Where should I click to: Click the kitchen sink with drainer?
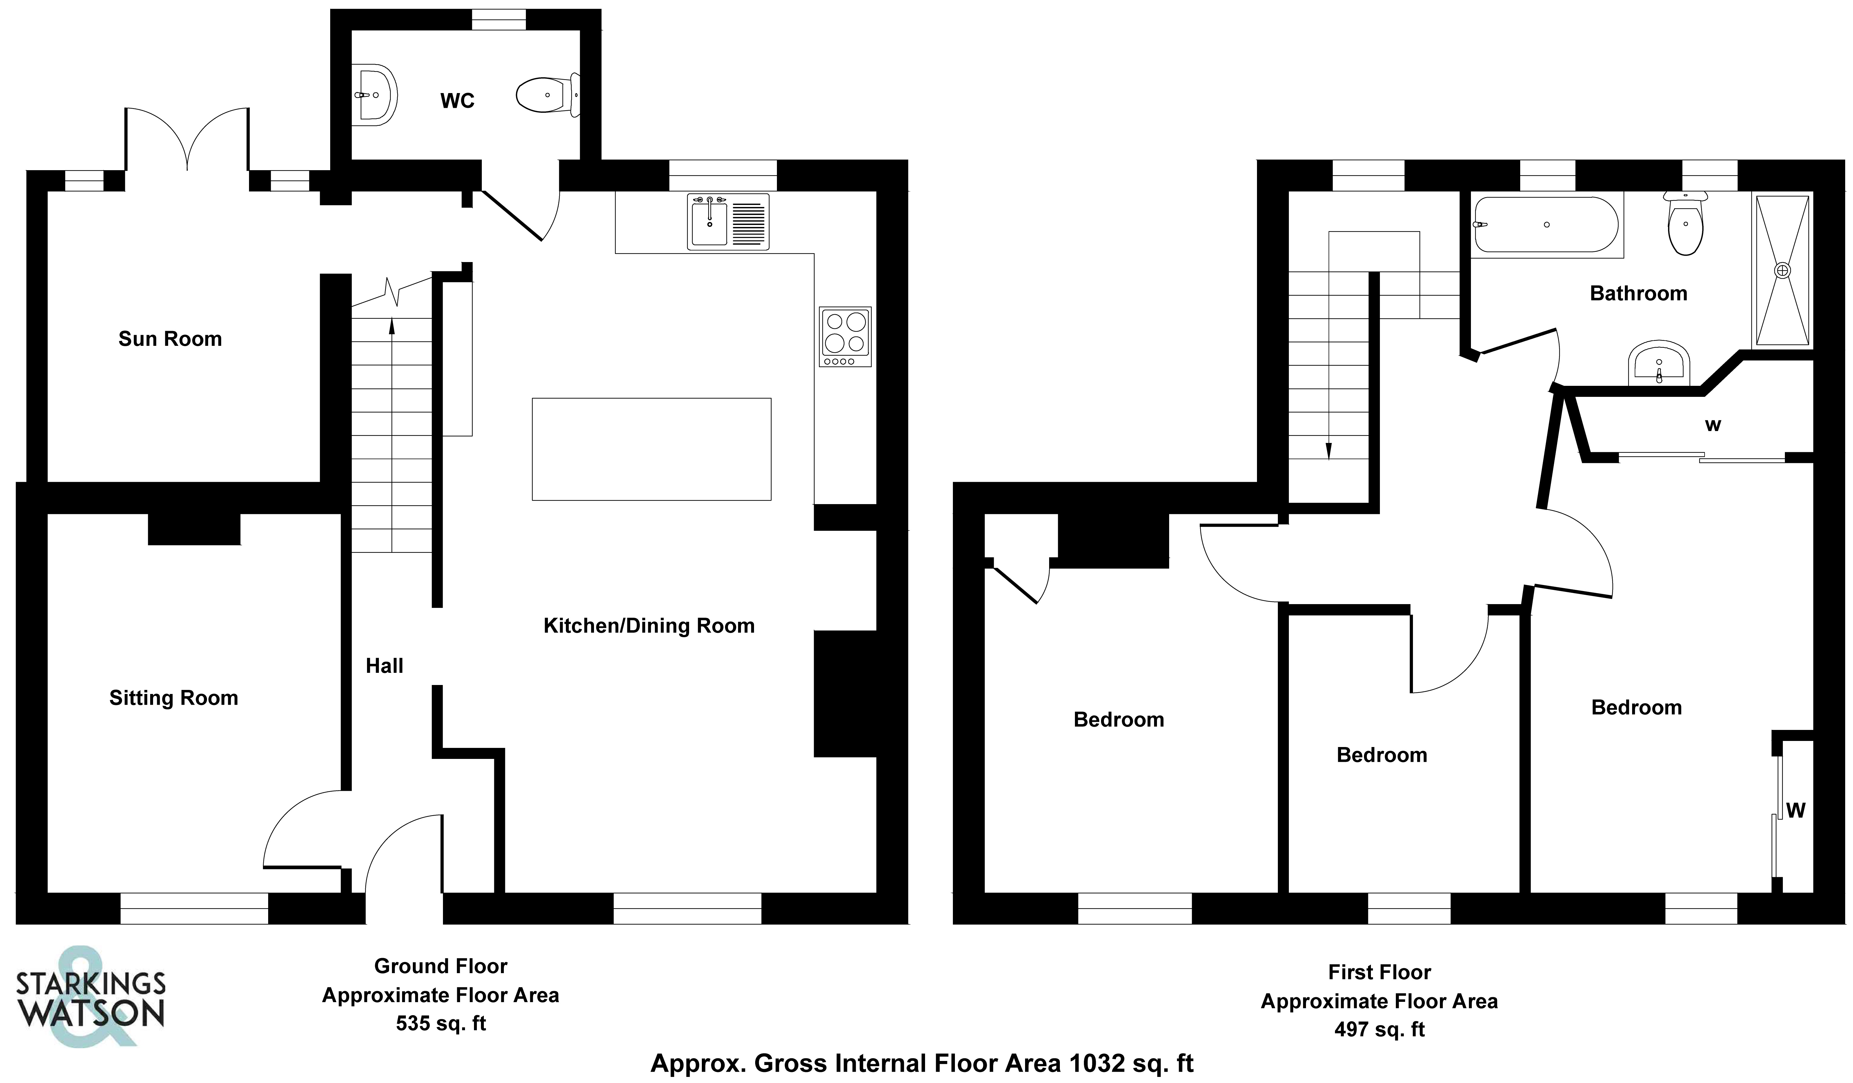coord(728,221)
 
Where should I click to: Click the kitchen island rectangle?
coord(651,449)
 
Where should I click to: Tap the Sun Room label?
coord(170,339)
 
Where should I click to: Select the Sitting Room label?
coord(174,698)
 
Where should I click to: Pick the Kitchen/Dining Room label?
coord(648,626)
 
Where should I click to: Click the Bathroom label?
coord(1638,293)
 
